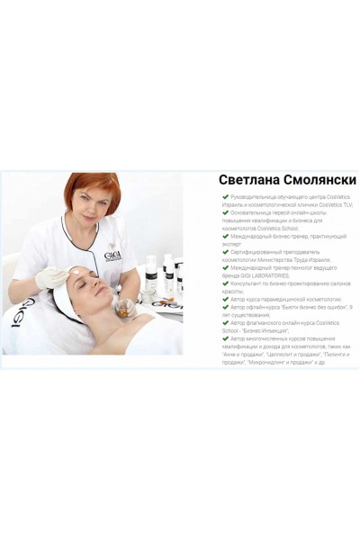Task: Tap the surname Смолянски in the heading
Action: click(x=315, y=180)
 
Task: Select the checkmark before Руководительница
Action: click(x=225, y=196)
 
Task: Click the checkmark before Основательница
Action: click(x=225, y=212)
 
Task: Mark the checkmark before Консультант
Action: click(x=225, y=283)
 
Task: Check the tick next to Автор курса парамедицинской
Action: click(x=225, y=298)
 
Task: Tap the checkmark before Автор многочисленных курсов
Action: click(x=225, y=337)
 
